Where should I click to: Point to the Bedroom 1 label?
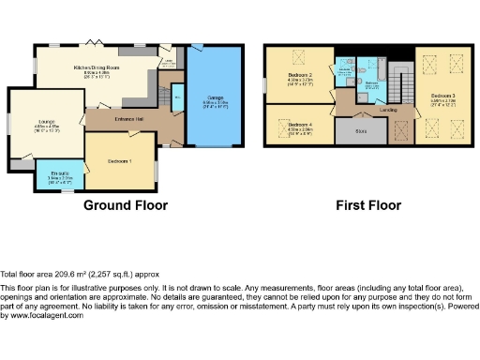[119, 160]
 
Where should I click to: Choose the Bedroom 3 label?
[444, 96]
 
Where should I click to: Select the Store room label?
[361, 130]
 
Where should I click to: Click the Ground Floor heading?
[127, 204]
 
